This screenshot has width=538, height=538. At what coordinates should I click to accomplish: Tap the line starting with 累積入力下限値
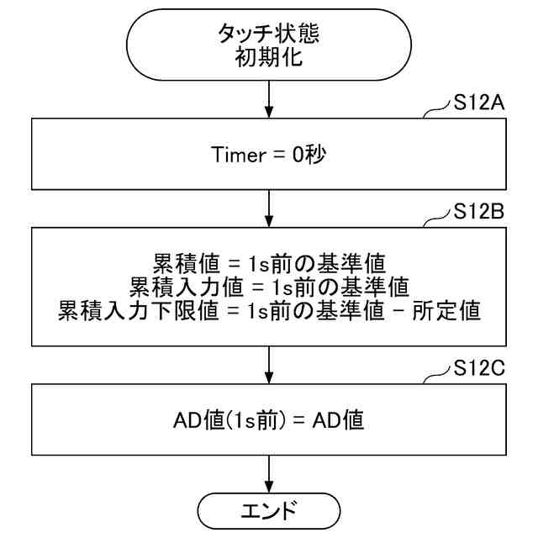pos(268,312)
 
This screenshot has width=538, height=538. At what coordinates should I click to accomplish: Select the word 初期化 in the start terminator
pos(268,61)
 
